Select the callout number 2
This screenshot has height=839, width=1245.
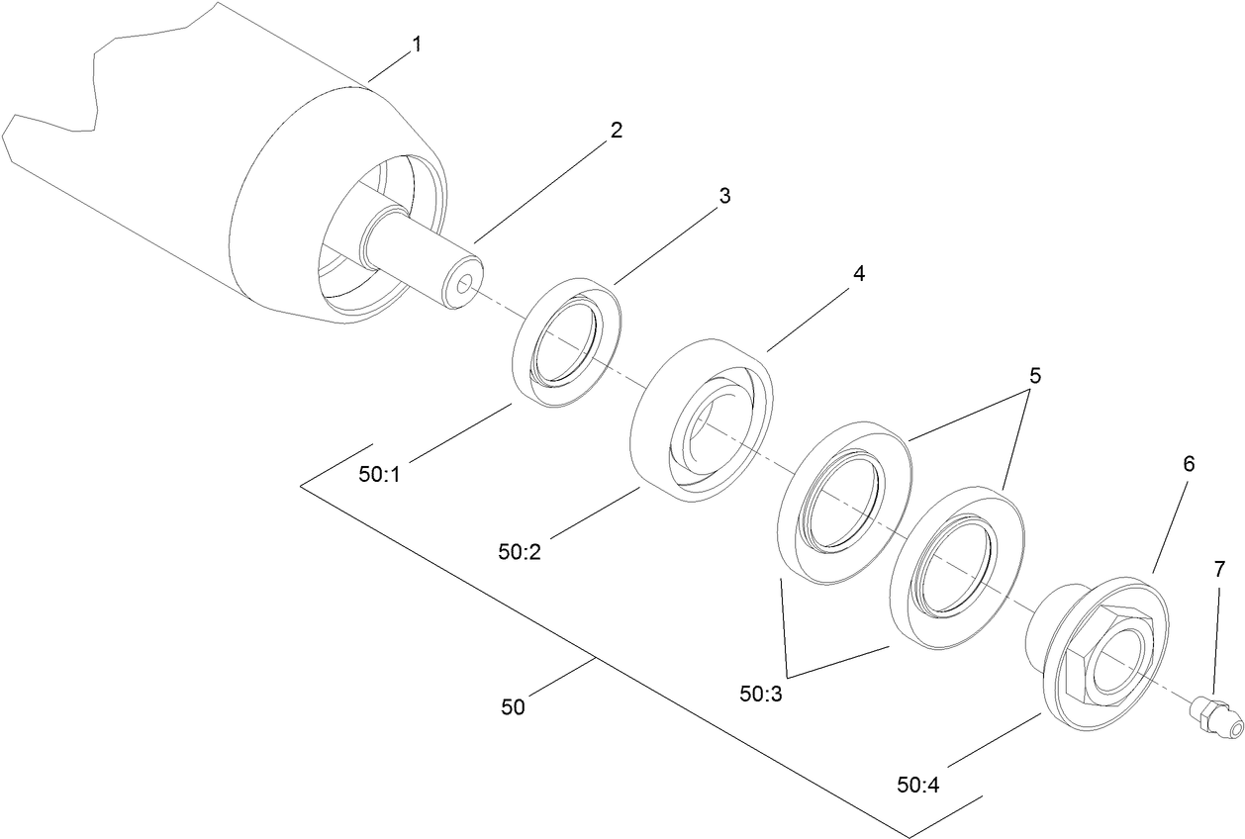(x=616, y=130)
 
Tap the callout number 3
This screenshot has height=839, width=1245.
(x=724, y=196)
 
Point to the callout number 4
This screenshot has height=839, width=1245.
(x=859, y=274)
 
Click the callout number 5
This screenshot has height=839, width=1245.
(x=1035, y=376)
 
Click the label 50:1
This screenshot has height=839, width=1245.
(x=381, y=474)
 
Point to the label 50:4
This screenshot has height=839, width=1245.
(x=919, y=785)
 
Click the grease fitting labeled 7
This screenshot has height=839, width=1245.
(x=1214, y=715)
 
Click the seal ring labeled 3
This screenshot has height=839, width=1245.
(x=567, y=342)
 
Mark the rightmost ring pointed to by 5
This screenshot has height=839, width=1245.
(x=957, y=569)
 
